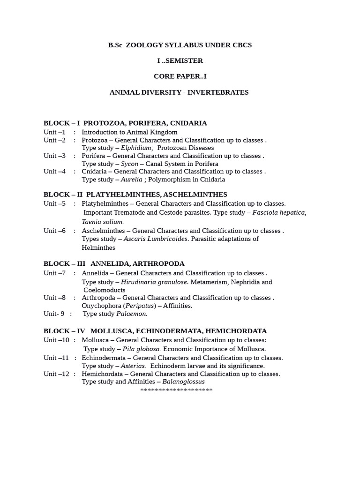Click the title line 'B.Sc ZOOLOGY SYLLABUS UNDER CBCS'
click(x=180, y=45)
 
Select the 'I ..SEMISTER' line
click(x=180, y=60)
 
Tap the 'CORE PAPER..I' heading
click(x=180, y=76)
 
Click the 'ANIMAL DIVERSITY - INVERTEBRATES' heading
click(x=179, y=92)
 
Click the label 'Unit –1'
click(x=55, y=132)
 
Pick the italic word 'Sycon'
click(x=129, y=164)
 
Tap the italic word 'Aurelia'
click(x=131, y=180)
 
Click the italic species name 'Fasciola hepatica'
click(x=279, y=213)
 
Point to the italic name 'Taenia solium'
click(x=103, y=222)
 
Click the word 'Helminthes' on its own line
click(x=98, y=248)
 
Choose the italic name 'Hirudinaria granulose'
click(x=154, y=282)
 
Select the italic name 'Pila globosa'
click(x=142, y=349)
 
